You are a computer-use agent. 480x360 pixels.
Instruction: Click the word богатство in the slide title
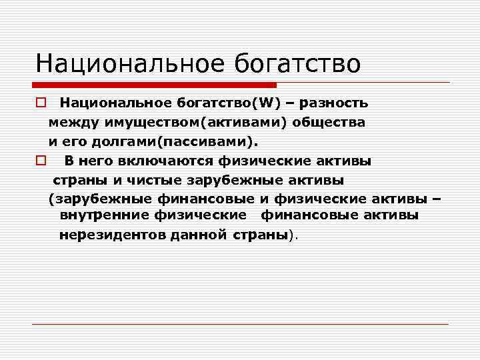point(297,63)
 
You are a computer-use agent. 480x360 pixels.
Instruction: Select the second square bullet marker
point(40,161)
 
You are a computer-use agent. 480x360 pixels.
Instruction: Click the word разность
point(335,103)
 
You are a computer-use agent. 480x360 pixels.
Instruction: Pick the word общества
point(332,123)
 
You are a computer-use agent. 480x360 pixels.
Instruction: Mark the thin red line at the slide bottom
point(240,324)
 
